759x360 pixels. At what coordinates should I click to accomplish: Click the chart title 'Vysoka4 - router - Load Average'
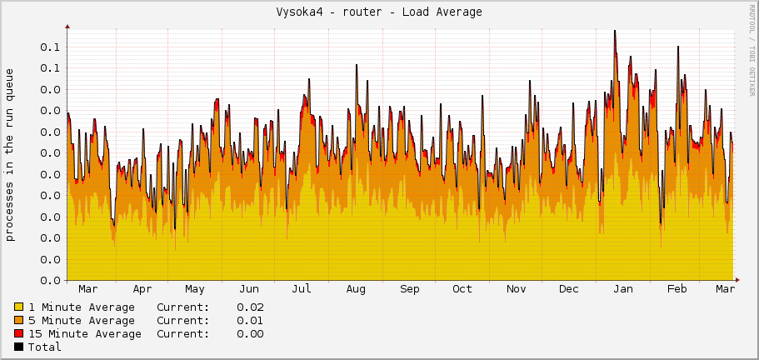pyautogui.click(x=379, y=12)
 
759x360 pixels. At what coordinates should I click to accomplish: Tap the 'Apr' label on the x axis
pyautogui.click(x=142, y=289)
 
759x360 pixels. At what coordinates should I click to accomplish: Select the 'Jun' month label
pyautogui.click(x=248, y=289)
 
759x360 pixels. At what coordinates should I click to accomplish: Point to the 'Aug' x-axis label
pyautogui.click(x=356, y=289)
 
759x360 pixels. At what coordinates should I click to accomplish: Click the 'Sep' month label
pyautogui.click(x=410, y=289)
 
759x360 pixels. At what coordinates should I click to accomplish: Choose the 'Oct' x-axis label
pyautogui.click(x=462, y=289)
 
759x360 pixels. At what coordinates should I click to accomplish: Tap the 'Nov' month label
pyautogui.click(x=517, y=289)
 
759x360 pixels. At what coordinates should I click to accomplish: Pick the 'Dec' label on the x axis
pyautogui.click(x=569, y=289)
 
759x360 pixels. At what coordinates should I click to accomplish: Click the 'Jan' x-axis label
pyautogui.click(x=622, y=289)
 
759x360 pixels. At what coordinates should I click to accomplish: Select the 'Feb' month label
pyautogui.click(x=677, y=289)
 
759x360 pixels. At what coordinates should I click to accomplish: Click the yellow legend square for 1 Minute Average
pyautogui.click(x=19, y=307)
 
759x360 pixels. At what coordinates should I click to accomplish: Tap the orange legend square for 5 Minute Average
pyautogui.click(x=19, y=321)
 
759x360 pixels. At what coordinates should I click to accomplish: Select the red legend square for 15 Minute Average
pyautogui.click(x=19, y=334)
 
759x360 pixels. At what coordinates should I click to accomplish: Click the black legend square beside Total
pyautogui.click(x=19, y=347)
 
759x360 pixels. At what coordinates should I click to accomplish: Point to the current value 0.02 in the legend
pyautogui.click(x=250, y=307)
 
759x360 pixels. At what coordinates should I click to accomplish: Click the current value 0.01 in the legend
pyautogui.click(x=250, y=321)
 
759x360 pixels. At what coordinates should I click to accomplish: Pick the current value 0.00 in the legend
pyautogui.click(x=250, y=334)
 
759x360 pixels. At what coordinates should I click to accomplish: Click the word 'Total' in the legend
pyautogui.click(x=45, y=347)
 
